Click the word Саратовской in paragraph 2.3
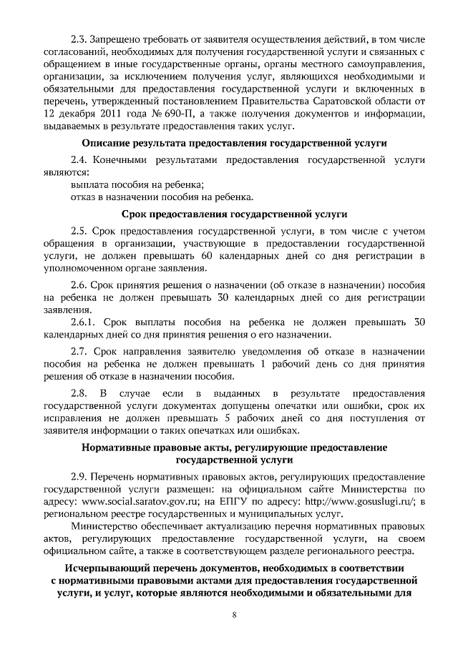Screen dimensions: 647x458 345,102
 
